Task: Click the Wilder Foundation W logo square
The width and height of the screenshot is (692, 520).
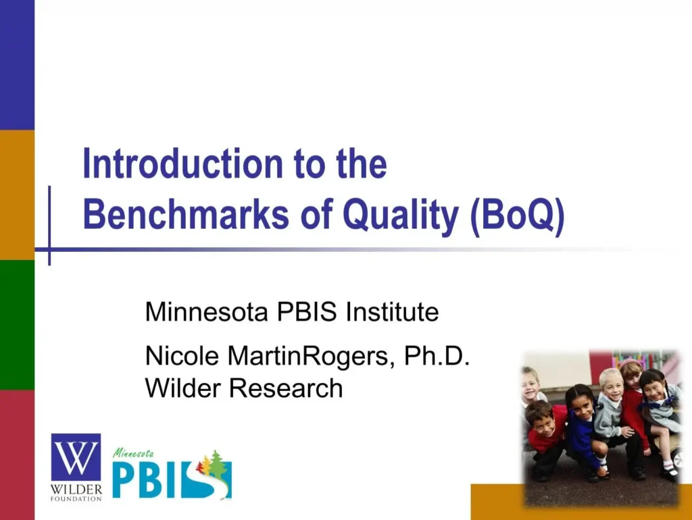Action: point(76,457)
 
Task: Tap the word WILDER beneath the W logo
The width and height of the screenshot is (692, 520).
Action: point(76,488)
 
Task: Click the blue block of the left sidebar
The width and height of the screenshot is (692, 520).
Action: point(17,64)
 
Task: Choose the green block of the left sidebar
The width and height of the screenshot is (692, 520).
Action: point(17,324)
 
